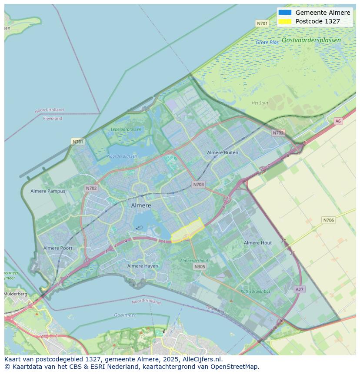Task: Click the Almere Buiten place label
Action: (x=222, y=152)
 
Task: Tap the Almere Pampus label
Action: (x=48, y=191)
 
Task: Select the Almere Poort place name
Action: (x=58, y=248)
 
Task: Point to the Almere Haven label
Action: (x=143, y=266)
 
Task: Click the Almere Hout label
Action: (x=257, y=243)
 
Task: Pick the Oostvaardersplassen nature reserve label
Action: (x=311, y=40)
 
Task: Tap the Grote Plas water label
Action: (x=267, y=43)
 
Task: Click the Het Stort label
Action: (x=260, y=103)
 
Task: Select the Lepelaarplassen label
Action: (x=126, y=129)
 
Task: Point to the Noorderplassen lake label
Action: (x=122, y=156)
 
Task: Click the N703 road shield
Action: (x=198, y=185)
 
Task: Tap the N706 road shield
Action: (x=328, y=220)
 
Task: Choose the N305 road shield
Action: (x=200, y=267)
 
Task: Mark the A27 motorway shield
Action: (x=299, y=289)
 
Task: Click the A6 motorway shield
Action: (x=338, y=121)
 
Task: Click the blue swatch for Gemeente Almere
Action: (x=285, y=13)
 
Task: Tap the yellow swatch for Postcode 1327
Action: (x=285, y=21)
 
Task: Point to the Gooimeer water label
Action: (x=125, y=315)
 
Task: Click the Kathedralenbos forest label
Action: (x=255, y=291)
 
